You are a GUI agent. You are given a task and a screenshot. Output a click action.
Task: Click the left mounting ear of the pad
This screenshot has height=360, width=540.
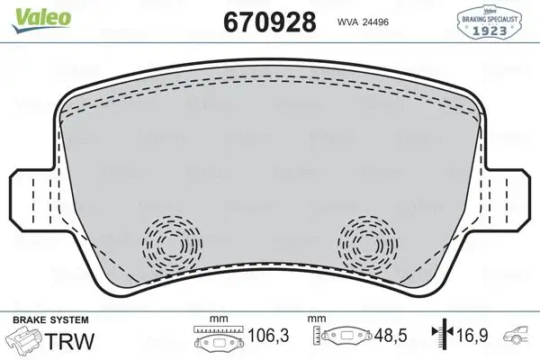pos(34,195)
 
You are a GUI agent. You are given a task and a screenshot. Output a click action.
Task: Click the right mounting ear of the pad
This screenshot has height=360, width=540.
pos(507,195)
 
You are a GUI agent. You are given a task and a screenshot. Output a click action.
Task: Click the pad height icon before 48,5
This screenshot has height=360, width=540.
pos(346,339)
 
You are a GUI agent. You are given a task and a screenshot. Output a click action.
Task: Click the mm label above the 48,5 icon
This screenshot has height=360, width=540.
pos(317,319)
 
